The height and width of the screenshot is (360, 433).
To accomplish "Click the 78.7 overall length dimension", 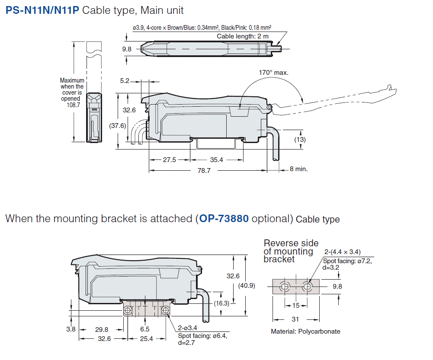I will (x=204, y=171).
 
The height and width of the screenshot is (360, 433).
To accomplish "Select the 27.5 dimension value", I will (x=170, y=160).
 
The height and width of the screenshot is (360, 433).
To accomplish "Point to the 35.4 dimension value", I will (x=217, y=160).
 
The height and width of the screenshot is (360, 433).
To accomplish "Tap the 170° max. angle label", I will (x=273, y=72).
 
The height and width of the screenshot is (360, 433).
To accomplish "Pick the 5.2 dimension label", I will (x=125, y=80).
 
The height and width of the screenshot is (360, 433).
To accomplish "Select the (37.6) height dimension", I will (x=117, y=126).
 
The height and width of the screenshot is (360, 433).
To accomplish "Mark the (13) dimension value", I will (x=300, y=139).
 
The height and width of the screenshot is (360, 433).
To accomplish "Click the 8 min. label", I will (x=298, y=169).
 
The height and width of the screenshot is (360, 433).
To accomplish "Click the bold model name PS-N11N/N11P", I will (x=42, y=10).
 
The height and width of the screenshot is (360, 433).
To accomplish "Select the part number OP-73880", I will (x=224, y=219).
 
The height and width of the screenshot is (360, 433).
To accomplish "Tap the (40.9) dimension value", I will (x=247, y=286).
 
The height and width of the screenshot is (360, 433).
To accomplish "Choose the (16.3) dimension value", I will (x=221, y=303).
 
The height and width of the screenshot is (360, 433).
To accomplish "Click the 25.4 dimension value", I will (x=147, y=338).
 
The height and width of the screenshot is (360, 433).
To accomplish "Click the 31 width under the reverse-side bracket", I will (x=296, y=319).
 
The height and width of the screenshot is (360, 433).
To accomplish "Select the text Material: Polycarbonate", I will (x=305, y=331).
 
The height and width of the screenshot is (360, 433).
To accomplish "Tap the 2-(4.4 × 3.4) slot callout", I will (x=343, y=252).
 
